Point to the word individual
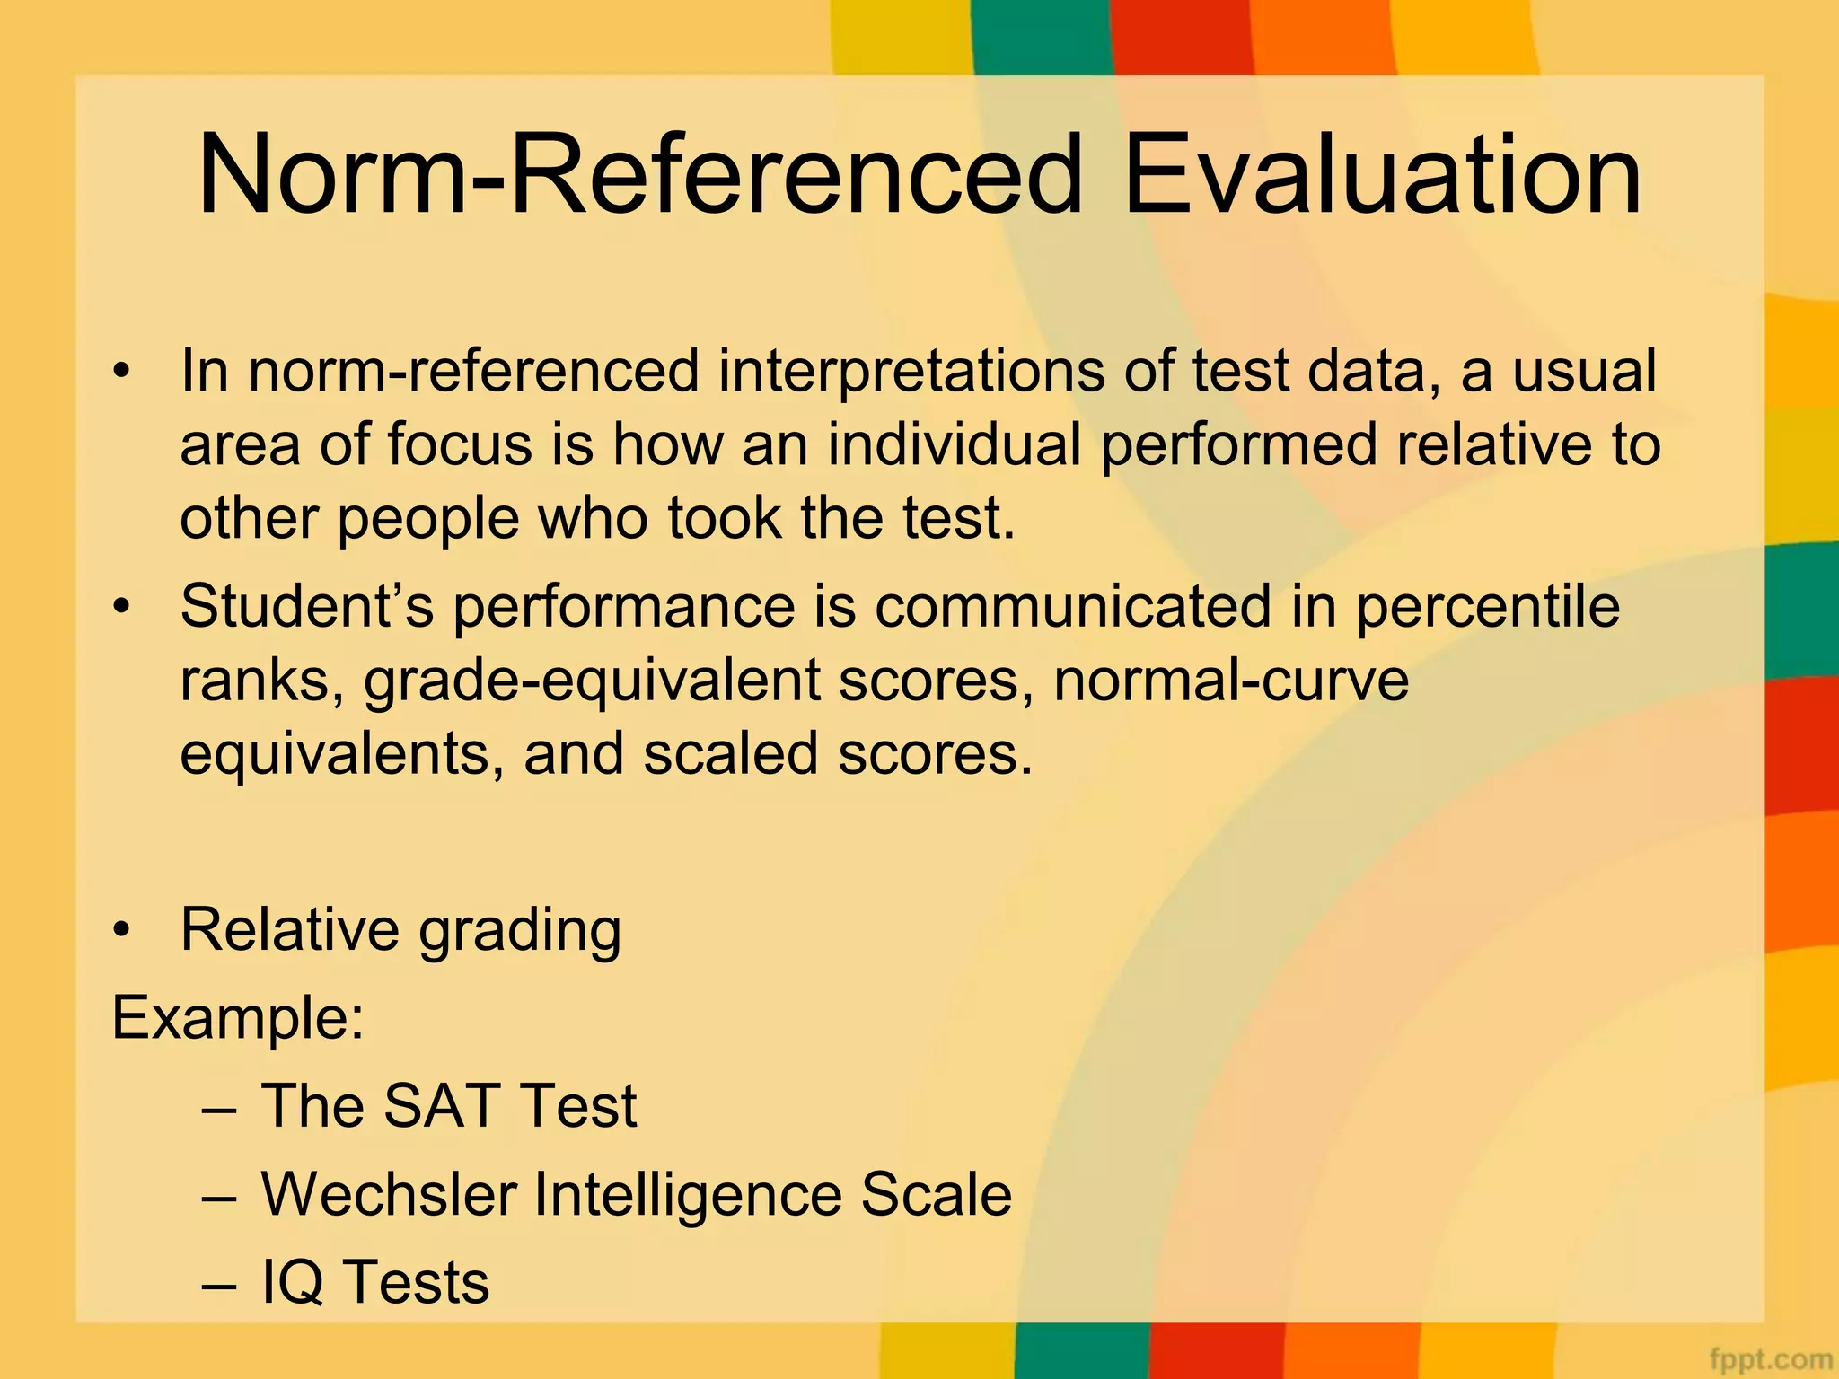[954, 444]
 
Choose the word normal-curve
[1231, 680]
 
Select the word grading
[520, 931]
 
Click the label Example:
[238, 1018]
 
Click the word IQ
[293, 1282]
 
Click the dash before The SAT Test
[219, 1108]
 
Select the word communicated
[1073, 606]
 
